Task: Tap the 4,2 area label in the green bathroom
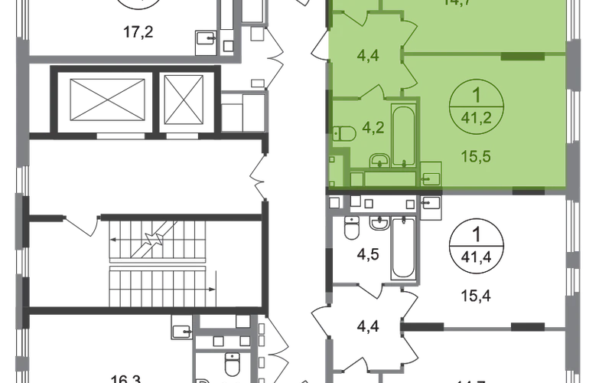353,128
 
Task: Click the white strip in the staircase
158,264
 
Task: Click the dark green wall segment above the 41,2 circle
522,57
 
